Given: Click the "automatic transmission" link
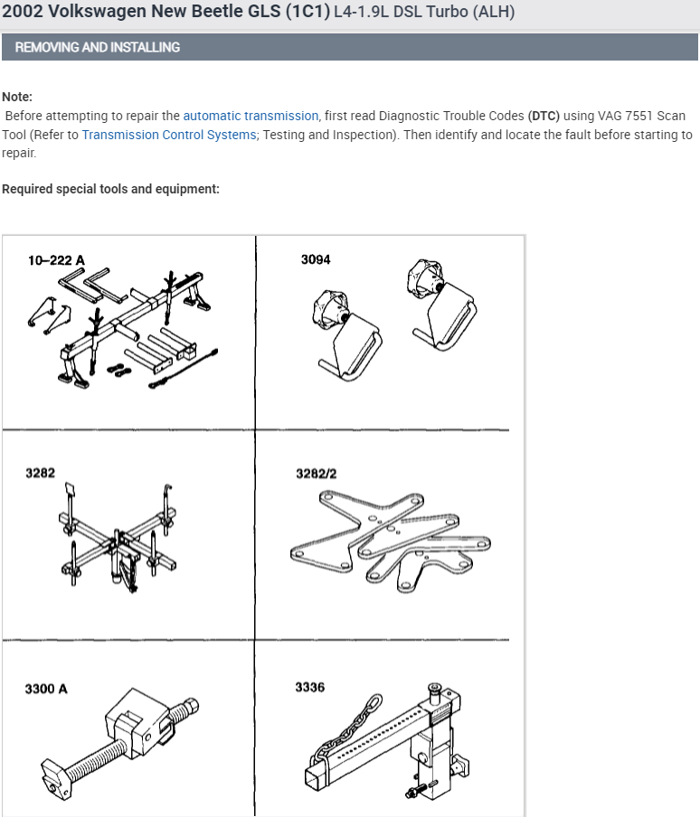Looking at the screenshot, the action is coord(251,116).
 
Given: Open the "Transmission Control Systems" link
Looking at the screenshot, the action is coord(169,135).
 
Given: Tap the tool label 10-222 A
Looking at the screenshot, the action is coord(56,260).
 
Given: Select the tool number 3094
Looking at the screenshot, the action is coord(316,259).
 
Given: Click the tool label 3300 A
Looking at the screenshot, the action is coord(46,689).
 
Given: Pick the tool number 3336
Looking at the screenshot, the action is coord(309,688).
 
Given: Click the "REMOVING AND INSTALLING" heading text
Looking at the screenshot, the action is coord(98,47).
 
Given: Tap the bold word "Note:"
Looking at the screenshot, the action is coord(17,97).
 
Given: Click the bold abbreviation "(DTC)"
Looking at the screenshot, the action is coord(544,116).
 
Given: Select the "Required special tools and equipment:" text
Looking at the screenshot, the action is coord(110,189).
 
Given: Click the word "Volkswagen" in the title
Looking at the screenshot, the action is coord(106,14).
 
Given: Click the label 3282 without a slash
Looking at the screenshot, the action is coord(39,473).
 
